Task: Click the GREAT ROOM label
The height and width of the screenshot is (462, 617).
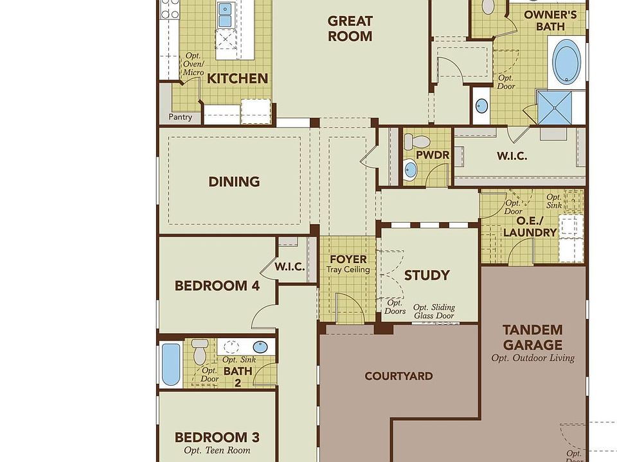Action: [350, 29]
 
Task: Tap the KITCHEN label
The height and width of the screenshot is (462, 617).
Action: [237, 78]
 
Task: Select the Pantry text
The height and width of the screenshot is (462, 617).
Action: [180, 117]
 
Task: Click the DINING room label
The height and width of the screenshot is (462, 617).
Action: [234, 182]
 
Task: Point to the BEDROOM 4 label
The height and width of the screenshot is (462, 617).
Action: [217, 286]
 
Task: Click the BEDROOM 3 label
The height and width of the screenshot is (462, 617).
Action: [217, 437]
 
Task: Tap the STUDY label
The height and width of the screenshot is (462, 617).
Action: [427, 275]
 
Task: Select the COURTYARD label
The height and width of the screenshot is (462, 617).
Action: [398, 376]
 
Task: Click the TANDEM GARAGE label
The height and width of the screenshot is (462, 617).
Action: [533, 337]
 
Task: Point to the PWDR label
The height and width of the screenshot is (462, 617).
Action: [433, 155]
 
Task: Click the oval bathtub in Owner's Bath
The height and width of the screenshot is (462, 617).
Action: [566, 62]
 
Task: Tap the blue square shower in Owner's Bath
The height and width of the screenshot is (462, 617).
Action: [555, 108]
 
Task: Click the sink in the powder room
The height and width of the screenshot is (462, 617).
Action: [410, 169]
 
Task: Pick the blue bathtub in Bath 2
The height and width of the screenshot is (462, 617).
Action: [171, 364]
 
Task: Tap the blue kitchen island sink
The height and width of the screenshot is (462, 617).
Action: [225, 15]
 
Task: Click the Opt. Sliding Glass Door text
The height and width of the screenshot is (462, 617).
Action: [434, 312]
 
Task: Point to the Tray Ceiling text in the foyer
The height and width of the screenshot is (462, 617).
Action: [348, 269]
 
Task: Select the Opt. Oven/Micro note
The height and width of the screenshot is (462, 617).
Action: [193, 64]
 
